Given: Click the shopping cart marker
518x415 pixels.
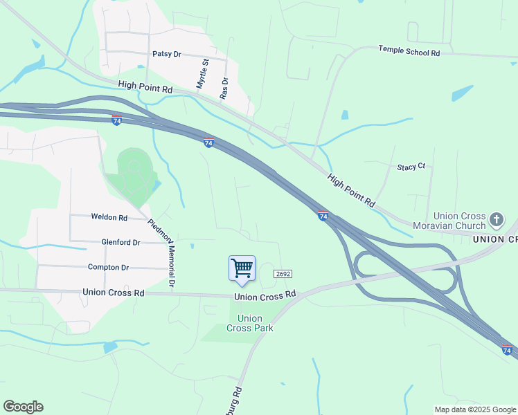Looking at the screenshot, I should pos(242,268).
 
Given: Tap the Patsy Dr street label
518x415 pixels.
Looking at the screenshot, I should pos(166,53).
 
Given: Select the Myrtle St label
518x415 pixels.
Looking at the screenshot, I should pos(203,73).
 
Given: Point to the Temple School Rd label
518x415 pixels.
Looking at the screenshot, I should pos(409,51).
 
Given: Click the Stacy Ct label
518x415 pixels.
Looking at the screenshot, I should pos(411,167).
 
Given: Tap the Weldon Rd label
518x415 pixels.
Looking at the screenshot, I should pos(109,217).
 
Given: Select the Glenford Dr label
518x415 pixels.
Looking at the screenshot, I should pos(120,242).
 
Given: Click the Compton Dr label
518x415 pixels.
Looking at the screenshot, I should pos(108,267).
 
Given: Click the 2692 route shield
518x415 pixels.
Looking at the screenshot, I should pos(282,274).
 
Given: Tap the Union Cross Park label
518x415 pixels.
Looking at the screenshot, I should pos(254,323).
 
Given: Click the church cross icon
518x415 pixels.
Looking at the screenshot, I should pos(496,220).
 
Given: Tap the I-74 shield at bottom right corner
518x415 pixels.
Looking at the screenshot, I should pos(507,351).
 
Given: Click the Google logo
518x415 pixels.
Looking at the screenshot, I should pos(23,407).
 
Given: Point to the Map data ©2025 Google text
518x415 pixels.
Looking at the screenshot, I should pos(474,409).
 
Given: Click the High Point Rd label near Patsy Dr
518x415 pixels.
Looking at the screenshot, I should pos(145,87).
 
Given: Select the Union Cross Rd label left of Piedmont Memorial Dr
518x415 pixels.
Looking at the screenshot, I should pos(113,293).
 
